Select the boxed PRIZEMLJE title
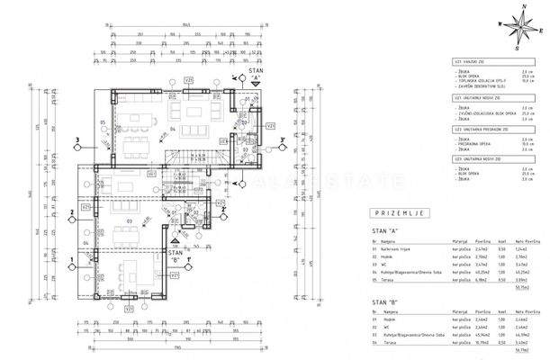pyautogui.click(x=397, y=212)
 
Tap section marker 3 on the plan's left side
pyautogui.click(x=79, y=140)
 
